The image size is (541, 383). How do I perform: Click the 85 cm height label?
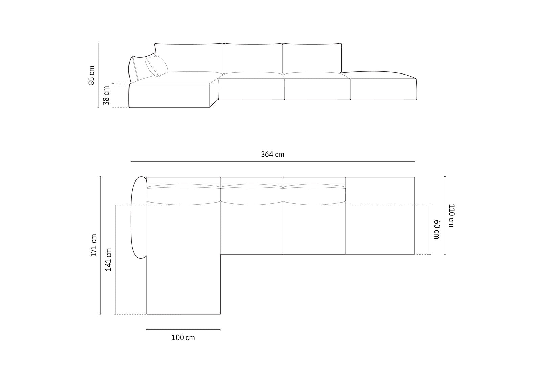pyautogui.click(x=92, y=75)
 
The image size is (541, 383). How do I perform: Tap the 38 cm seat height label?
pyautogui.click(x=106, y=95)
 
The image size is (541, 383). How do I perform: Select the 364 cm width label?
pyautogui.click(x=273, y=154)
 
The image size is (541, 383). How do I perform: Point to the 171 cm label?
pyautogui.click(x=93, y=245)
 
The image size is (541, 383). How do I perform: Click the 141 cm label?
pyautogui.click(x=108, y=259)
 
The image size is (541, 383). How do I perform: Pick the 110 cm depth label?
pyautogui.click(x=451, y=216)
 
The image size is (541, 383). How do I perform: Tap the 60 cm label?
pyautogui.click(x=437, y=230)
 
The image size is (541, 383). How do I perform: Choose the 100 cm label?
pyautogui.click(x=183, y=338)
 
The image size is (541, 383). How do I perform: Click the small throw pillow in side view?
pyautogui.click(x=157, y=66)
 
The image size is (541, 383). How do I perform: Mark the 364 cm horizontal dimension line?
pyautogui.click(x=273, y=161)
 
